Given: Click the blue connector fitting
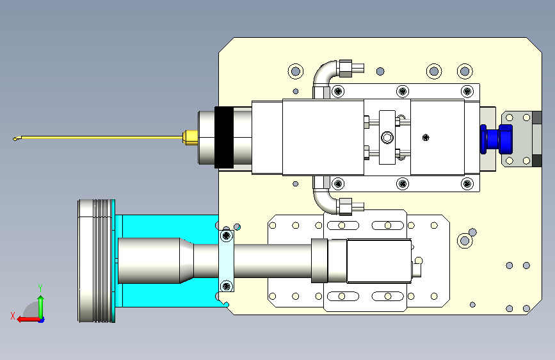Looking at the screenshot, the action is [496, 139].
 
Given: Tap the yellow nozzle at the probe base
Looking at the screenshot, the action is [190, 138].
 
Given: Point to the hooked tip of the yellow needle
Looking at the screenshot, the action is [15, 138].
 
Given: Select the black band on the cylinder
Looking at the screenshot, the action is [223, 137].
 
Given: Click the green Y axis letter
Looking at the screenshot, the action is [40, 288].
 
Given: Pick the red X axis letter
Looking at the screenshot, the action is [13, 316].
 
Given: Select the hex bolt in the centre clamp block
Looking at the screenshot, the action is [387, 137].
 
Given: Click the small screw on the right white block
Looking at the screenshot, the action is [426, 137].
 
